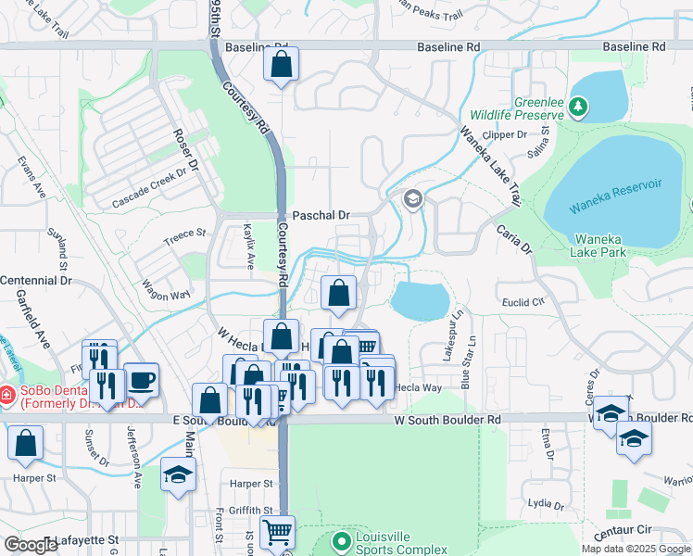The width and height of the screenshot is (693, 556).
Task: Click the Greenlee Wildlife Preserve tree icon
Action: coord(579,107)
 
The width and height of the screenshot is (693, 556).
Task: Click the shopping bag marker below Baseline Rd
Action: coord(282,66)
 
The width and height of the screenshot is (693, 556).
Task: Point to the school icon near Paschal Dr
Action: coord(412,198)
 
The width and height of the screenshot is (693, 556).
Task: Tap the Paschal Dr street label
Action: coord(321,215)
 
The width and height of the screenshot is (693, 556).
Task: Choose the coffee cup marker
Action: coord(141,380)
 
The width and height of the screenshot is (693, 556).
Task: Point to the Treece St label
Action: coord(184,235)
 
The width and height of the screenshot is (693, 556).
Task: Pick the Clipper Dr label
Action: coord(504,134)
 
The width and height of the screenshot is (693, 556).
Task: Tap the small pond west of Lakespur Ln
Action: coord(420,301)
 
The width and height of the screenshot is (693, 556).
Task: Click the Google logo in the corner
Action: coord(31,545)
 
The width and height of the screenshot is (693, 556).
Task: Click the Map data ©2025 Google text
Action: coord(636,549)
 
